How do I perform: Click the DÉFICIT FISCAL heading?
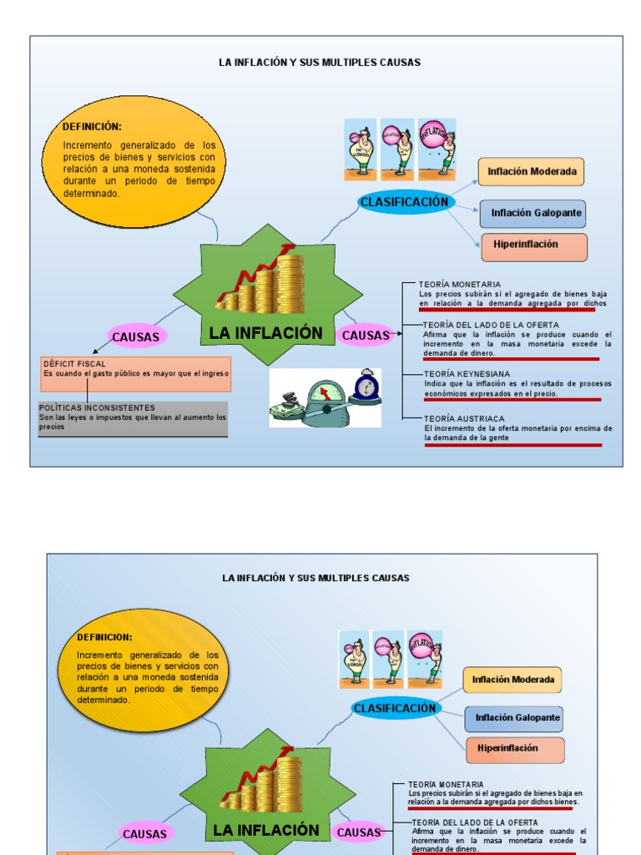click(x=75, y=364)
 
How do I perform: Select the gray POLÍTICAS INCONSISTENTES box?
click(x=133, y=419)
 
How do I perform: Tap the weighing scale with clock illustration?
click(x=325, y=398)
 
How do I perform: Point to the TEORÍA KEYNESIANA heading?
click(x=467, y=374)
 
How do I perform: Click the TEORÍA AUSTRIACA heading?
click(x=464, y=418)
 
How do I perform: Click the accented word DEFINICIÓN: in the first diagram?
click(x=92, y=127)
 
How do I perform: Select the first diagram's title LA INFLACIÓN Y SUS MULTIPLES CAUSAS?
click(x=320, y=63)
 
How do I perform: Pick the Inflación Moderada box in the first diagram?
click(x=532, y=172)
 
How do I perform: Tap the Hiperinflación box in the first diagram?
click(x=534, y=245)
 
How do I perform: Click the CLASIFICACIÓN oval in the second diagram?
click(x=395, y=708)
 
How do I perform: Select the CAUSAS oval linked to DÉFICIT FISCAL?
click(x=136, y=337)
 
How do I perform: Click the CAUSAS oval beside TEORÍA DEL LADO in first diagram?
click(x=365, y=336)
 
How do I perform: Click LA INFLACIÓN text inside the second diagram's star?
click(x=266, y=830)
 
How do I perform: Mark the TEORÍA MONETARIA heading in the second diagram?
click(x=446, y=784)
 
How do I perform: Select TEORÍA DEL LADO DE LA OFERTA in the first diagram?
click(x=491, y=325)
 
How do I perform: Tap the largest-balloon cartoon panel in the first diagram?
click(x=438, y=149)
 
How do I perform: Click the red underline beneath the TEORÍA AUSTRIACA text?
click(x=512, y=445)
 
